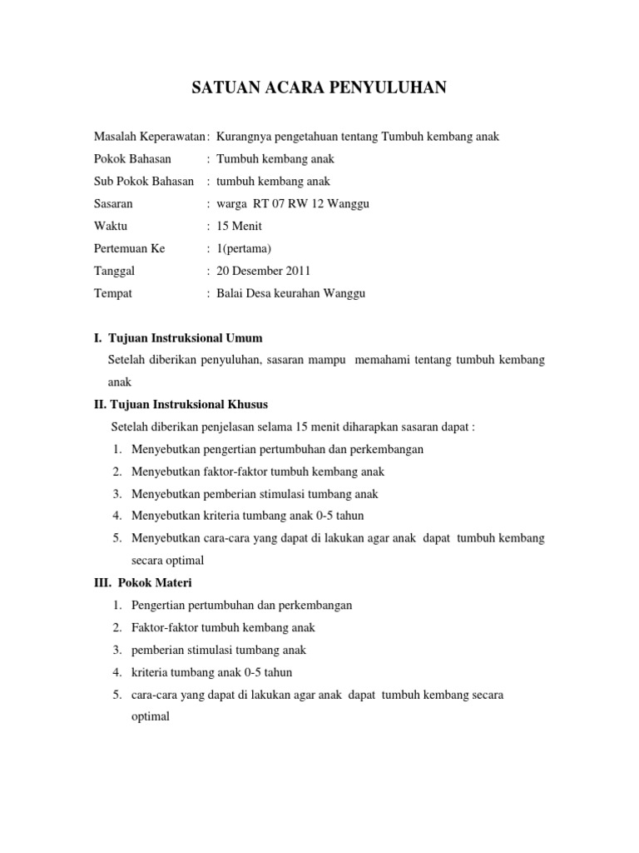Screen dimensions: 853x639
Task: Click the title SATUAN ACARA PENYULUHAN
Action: tap(319, 87)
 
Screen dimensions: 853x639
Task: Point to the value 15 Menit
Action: tap(239, 227)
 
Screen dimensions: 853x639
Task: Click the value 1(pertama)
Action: tap(244, 249)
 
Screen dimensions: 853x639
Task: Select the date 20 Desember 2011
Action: tap(264, 272)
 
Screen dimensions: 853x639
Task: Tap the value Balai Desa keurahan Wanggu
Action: tap(290, 294)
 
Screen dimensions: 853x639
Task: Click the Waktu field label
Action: tap(111, 227)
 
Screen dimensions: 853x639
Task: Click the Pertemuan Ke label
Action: tap(129, 249)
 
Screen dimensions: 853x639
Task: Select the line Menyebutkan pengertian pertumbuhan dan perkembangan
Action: tap(277, 450)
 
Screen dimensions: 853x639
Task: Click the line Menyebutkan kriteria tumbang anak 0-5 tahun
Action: tap(247, 516)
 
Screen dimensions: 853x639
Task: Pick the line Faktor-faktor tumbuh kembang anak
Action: tap(223, 628)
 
